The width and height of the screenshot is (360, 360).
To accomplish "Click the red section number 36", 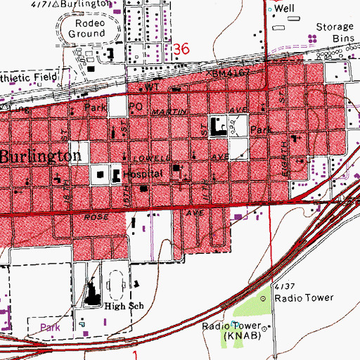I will pos(181,50).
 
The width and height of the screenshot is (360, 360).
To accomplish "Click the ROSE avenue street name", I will pos(96,217).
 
